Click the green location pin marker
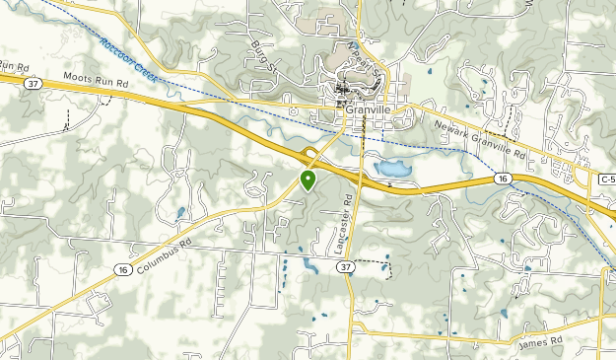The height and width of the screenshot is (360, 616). tap(308, 180)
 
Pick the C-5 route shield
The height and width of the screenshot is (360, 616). tap(606, 178)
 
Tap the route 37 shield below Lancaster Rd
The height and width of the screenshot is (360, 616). tap(343, 267)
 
